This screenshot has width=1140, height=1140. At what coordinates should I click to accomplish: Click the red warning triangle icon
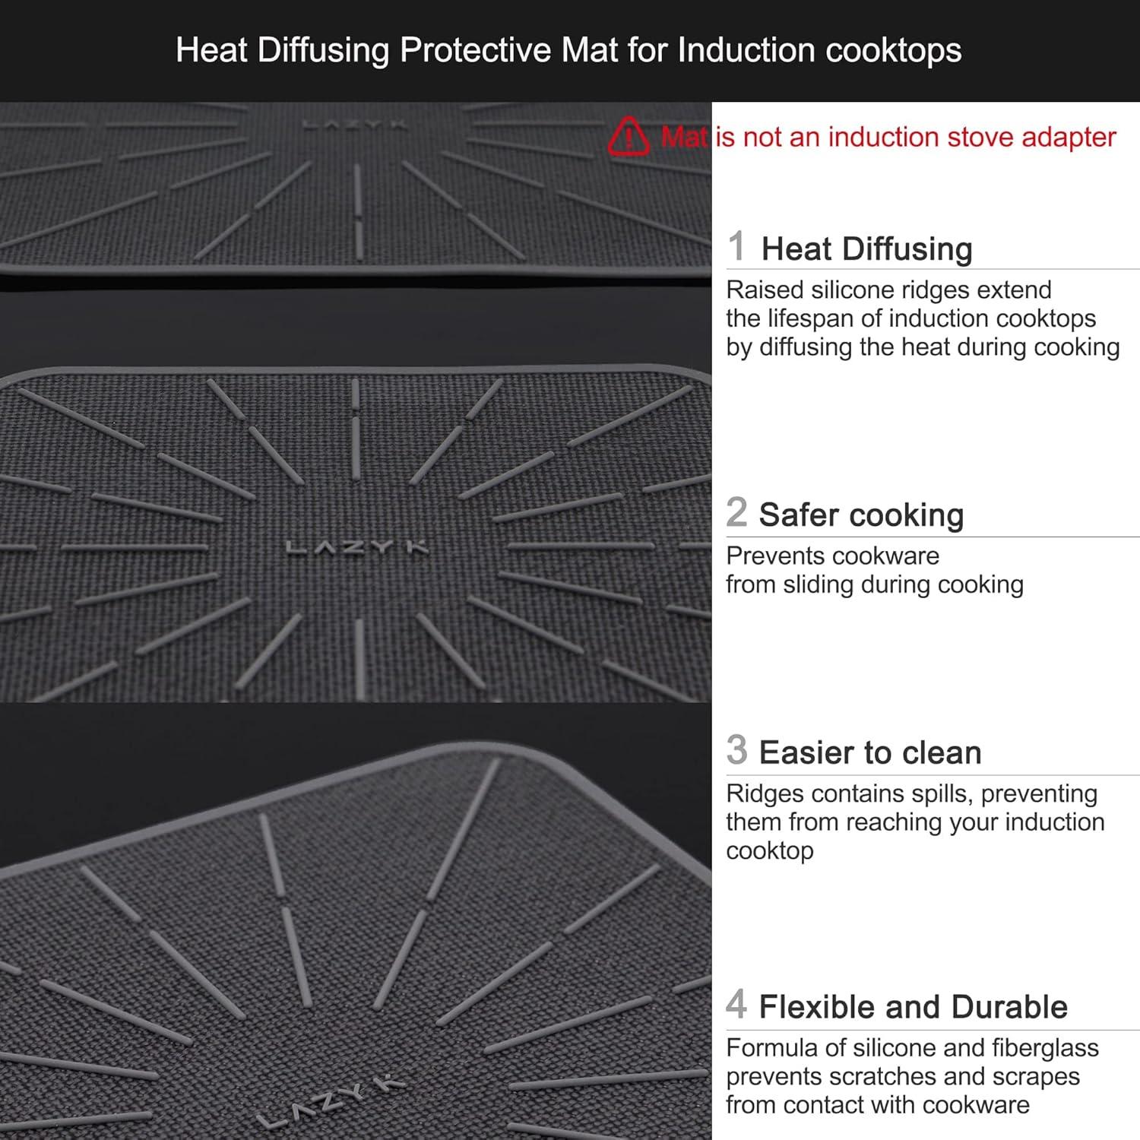(629, 137)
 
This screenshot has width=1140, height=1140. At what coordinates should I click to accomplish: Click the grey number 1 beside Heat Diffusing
(736, 246)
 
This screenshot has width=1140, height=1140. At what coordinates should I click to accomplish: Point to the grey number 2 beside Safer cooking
(736, 512)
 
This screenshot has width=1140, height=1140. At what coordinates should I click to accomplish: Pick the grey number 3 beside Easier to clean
(736, 750)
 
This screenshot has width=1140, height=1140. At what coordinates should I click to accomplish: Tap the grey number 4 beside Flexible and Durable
(736, 1004)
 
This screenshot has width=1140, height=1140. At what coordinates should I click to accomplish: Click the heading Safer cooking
(861, 515)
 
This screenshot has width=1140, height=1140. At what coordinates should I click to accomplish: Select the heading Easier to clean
(870, 752)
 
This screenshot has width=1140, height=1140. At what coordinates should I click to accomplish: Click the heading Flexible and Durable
(913, 1006)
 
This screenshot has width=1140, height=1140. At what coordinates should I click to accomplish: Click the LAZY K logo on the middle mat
(357, 547)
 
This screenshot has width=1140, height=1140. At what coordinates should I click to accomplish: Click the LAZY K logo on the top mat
(355, 124)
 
